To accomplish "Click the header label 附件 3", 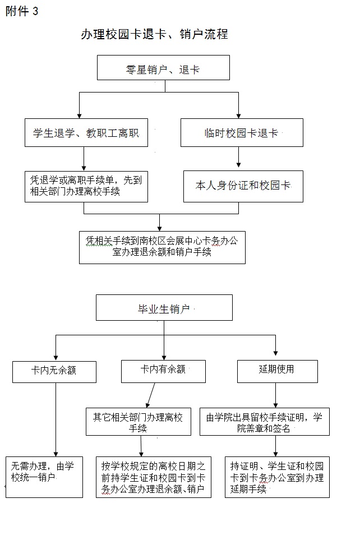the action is click(22, 11).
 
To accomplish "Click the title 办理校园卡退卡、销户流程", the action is click(154, 34).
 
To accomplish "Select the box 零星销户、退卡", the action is click(163, 67).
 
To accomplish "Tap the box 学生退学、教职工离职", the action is click(86, 132).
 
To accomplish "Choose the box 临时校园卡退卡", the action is click(242, 132).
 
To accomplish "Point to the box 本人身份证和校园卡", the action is click(243, 186).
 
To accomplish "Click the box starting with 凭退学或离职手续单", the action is click(86, 186).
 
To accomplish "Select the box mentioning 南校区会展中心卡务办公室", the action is click(162, 247).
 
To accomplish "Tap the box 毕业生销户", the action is click(164, 307).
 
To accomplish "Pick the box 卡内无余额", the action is click(54, 372).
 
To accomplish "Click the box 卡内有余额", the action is click(163, 371).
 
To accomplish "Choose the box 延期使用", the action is click(278, 371).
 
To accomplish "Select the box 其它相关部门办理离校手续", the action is click(139, 422).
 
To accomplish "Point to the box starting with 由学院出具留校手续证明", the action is click(265, 422).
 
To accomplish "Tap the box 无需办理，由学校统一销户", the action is click(44, 477).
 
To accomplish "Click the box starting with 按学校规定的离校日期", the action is click(154, 477).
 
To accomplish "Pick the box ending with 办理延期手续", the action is click(278, 477).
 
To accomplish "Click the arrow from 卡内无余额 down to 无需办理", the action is click(56, 420).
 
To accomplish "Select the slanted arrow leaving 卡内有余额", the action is click(150, 395).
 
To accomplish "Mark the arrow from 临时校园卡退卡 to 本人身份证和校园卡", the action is click(238, 157).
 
